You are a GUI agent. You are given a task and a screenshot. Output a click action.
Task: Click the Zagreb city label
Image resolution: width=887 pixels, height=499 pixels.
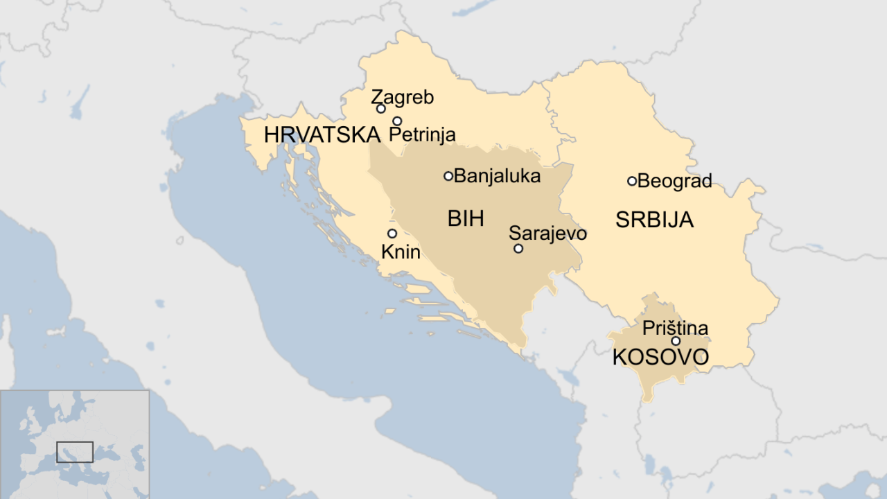coord(402,97)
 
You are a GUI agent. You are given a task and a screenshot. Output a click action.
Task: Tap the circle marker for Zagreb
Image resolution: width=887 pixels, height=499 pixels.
coord(380,109)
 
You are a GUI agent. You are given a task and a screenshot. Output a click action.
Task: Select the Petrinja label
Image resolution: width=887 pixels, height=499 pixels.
coord(423,134)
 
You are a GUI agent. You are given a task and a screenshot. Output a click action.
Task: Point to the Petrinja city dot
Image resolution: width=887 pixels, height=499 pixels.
coord(397,121)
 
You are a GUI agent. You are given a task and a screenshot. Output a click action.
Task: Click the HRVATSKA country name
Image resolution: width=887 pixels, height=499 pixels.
coord(322,135)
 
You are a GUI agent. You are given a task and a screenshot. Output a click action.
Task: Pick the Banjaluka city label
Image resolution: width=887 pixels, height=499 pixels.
coord(497,176)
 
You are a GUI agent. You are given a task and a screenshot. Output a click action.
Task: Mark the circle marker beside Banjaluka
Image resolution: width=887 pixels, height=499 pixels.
coord(448,176)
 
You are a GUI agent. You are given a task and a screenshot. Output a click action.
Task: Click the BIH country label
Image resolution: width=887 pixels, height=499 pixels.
coord(466,219)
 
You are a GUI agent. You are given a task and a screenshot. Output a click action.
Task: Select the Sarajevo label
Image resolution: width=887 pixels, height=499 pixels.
coord(547,234)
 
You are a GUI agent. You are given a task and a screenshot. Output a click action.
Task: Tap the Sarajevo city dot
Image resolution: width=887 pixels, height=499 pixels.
coord(518,249)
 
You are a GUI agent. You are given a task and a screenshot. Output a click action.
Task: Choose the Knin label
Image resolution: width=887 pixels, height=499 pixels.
coord(401,252)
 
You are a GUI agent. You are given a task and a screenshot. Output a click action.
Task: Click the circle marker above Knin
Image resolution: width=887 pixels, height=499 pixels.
coord(392,234)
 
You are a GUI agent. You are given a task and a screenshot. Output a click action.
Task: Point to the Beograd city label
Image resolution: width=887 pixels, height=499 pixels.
coord(674,182)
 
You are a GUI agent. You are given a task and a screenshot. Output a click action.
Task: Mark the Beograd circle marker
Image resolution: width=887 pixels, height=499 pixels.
coord(632,182)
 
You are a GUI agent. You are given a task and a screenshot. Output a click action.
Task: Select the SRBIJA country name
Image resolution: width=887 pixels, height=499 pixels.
coord(654,220)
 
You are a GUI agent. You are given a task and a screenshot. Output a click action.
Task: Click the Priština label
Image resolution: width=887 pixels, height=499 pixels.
coord(675,328)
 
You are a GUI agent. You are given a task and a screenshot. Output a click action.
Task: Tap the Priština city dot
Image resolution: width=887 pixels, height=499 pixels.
coord(676,341)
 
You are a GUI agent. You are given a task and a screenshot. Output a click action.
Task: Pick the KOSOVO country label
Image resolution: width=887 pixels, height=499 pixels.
coord(660,358)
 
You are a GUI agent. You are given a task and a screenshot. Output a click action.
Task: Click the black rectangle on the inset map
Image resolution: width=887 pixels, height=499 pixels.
coord(75,452)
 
